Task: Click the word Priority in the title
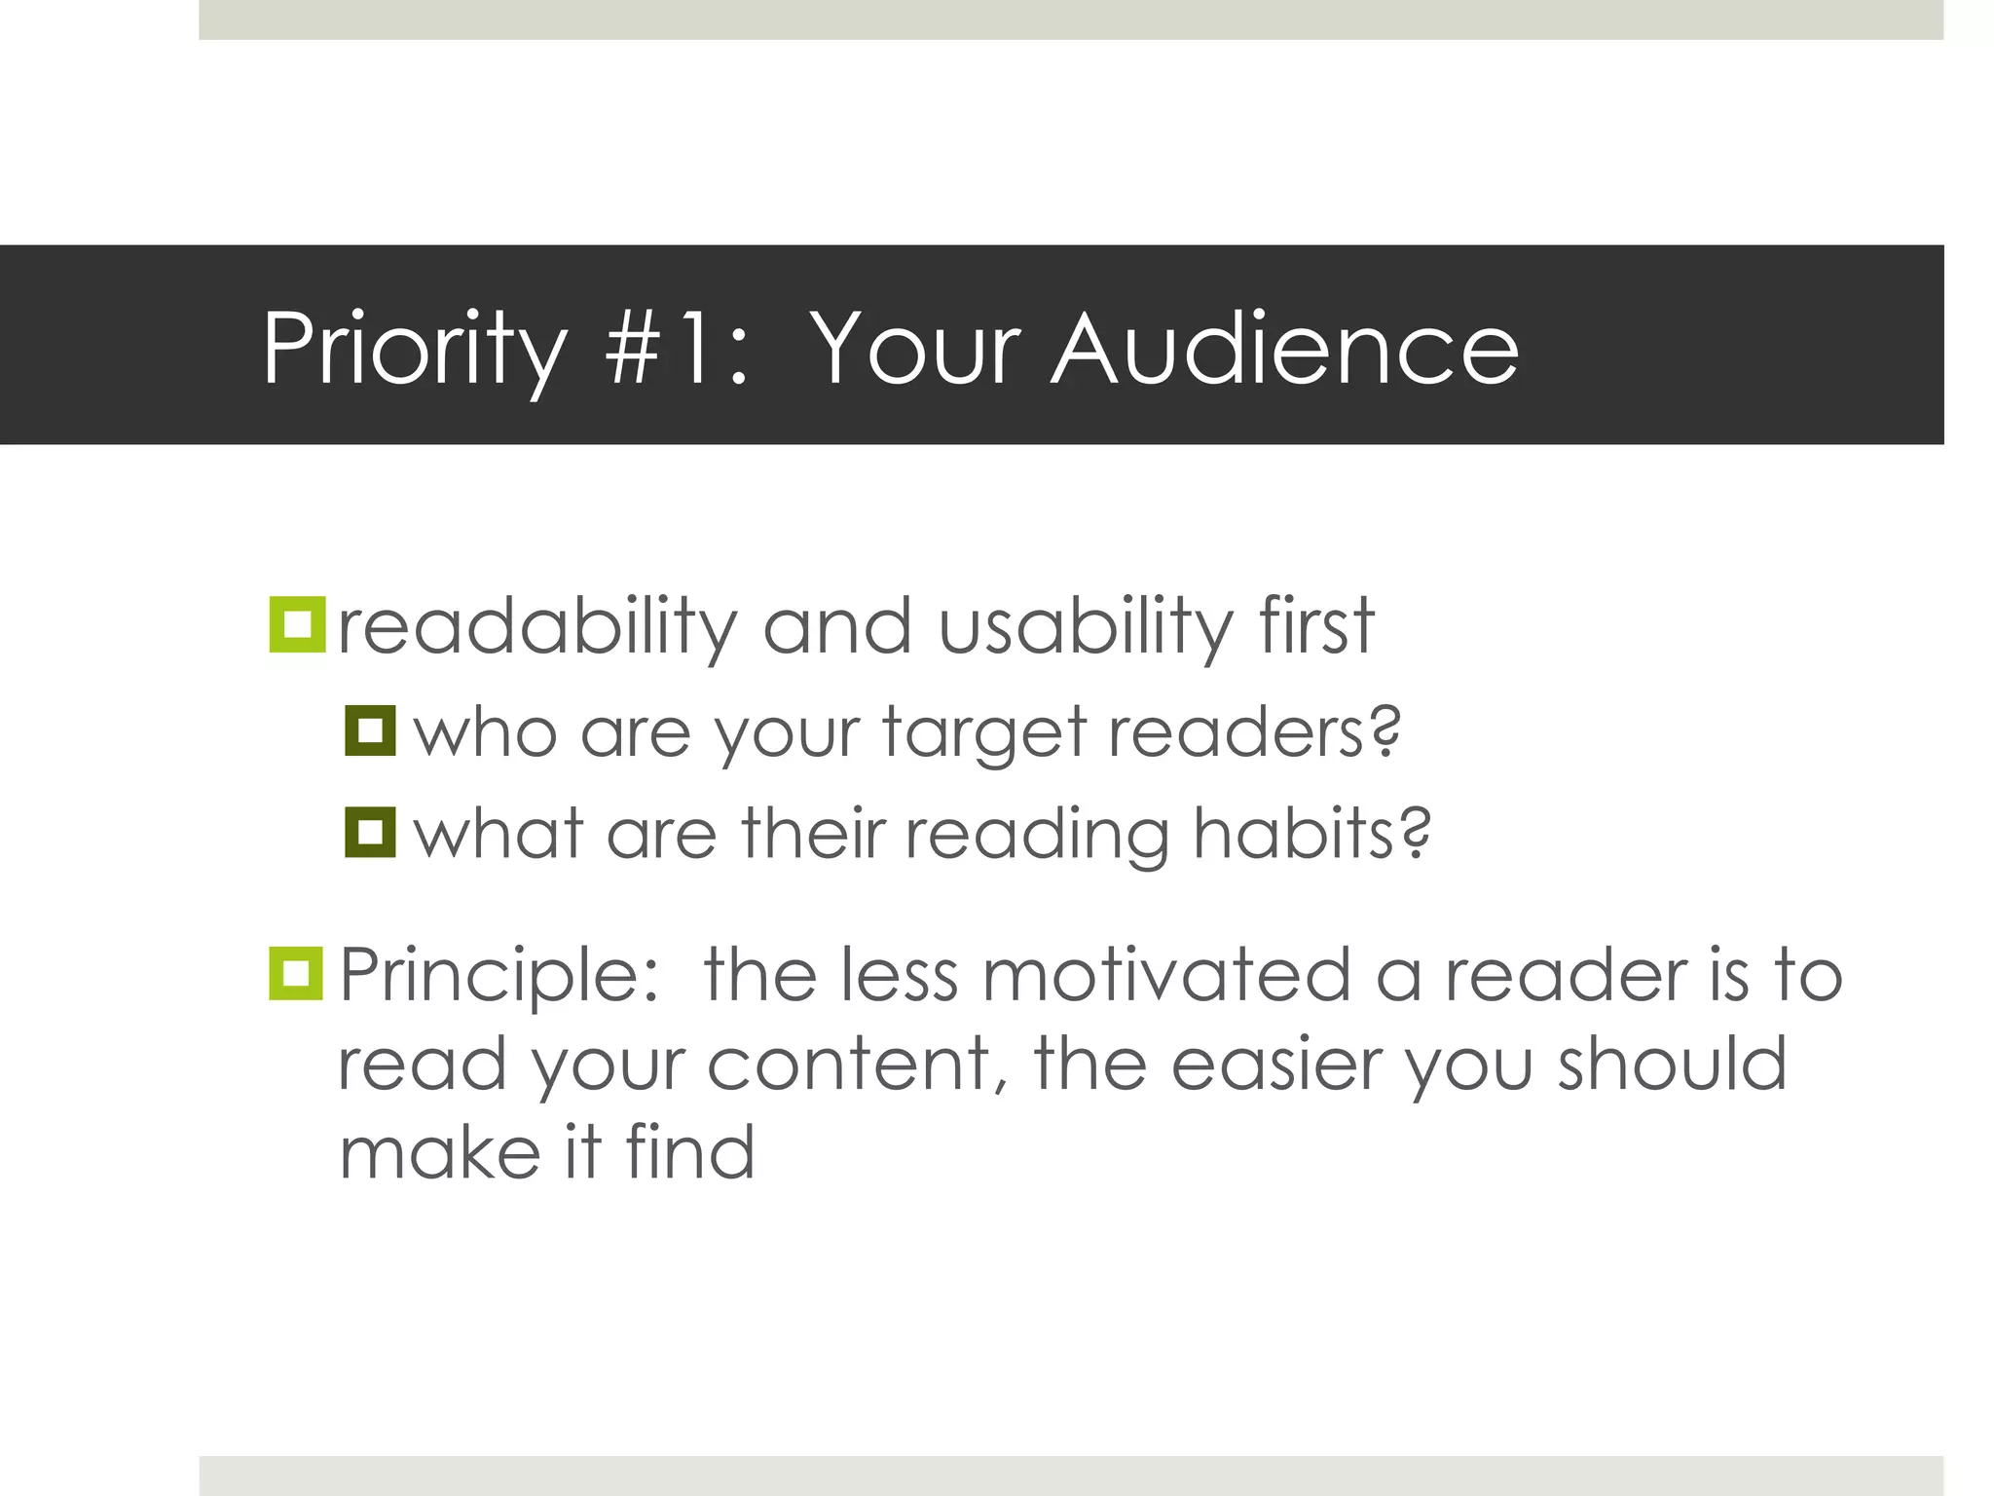pyautogui.click(x=415, y=349)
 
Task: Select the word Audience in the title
pyautogui.click(x=1285, y=349)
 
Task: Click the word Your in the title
pyautogui.click(x=915, y=349)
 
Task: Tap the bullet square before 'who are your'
pyautogui.click(x=370, y=730)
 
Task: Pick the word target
pyautogui.click(x=983, y=732)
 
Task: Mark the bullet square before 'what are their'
pyautogui.click(x=370, y=832)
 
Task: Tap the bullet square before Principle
pyautogui.click(x=296, y=973)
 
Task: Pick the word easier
pyautogui.click(x=1276, y=1064)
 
